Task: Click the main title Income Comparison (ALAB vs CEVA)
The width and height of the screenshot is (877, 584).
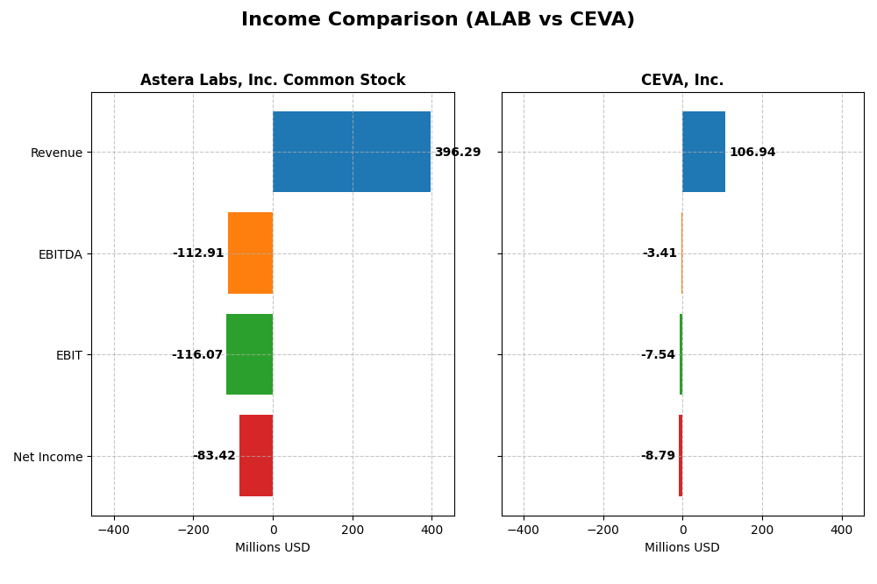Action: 438,19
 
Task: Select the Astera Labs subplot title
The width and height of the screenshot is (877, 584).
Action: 273,81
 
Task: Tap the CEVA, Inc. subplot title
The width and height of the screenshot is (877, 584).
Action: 682,81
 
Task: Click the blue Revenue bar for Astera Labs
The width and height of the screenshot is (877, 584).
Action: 352,152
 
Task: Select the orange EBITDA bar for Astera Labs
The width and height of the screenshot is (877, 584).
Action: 250,253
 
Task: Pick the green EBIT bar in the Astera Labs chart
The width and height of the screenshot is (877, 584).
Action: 249,354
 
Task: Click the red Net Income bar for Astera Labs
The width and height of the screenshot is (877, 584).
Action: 256,455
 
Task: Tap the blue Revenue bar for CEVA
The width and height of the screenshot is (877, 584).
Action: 703,152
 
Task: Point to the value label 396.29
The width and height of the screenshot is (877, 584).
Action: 458,153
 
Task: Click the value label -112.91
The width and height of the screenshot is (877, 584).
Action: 198,253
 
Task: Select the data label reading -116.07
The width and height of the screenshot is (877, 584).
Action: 197,355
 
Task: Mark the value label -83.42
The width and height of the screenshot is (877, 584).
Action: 214,456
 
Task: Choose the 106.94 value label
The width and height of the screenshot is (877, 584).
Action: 752,153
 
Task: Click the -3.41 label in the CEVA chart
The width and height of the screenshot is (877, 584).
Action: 660,253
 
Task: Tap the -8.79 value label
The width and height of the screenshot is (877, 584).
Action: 658,456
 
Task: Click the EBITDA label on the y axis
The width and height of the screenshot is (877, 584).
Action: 61,254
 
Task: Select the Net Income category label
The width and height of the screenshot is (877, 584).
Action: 48,457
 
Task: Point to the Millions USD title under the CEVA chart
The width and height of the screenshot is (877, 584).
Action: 682,548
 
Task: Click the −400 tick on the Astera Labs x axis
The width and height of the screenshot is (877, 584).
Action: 113,530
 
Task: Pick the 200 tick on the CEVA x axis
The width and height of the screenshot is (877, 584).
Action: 762,530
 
